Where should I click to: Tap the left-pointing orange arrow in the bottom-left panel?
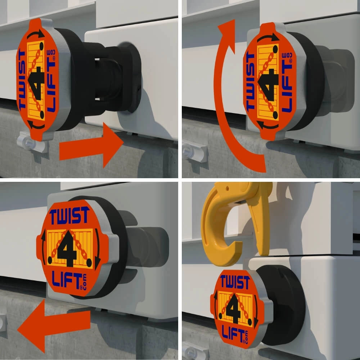point(54,327)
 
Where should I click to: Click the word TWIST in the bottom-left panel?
point(69,215)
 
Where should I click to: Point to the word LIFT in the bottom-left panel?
point(67,280)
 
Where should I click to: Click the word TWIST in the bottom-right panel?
point(235,282)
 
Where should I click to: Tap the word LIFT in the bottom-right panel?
point(233,334)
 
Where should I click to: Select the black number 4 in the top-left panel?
point(36,83)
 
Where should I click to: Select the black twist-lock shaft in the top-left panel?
point(110,78)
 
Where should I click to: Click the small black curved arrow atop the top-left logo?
point(37,33)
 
